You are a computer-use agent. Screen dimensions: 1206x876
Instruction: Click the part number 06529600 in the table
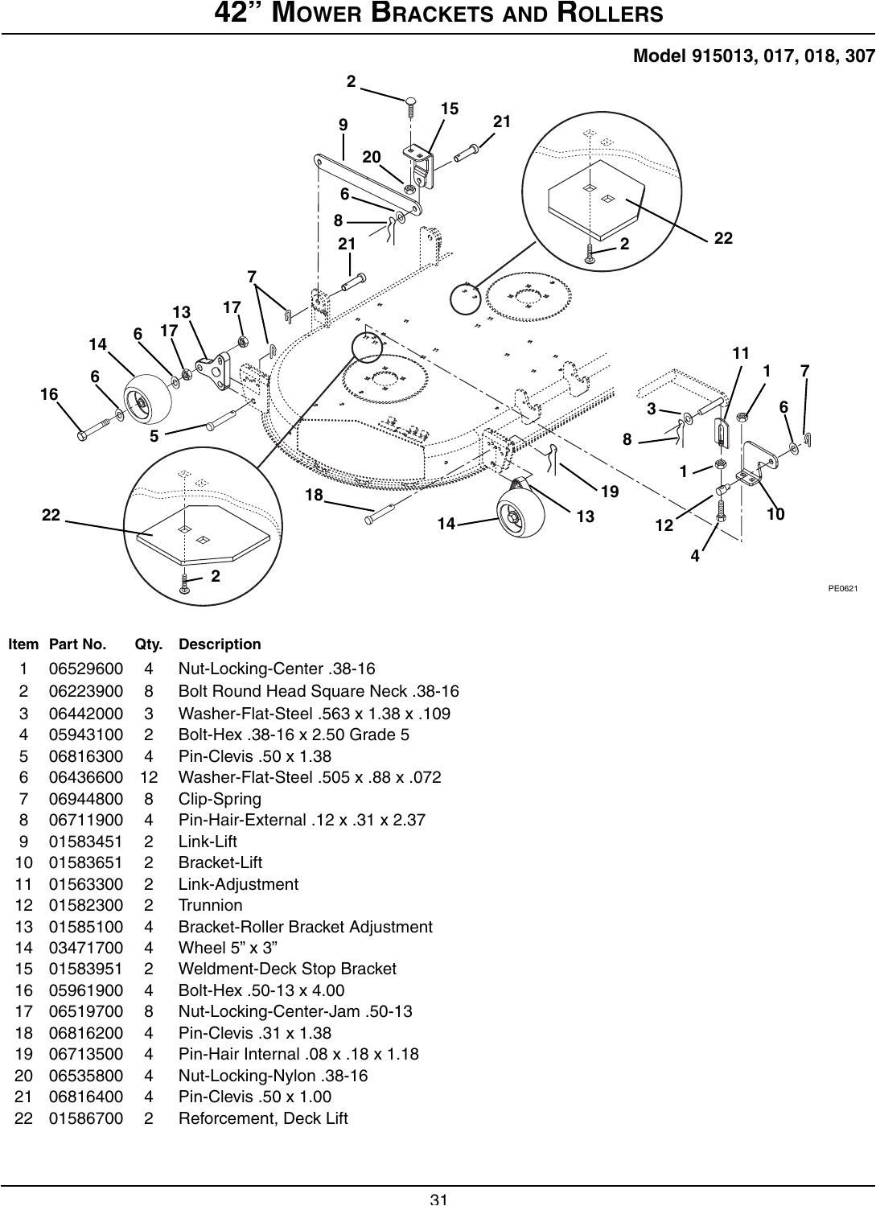pos(86,669)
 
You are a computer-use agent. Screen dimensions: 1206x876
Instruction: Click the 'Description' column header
pos(220,644)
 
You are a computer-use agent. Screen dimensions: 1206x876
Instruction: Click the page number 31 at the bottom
pos(438,1199)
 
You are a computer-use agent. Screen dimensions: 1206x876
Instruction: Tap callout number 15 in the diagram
pos(450,108)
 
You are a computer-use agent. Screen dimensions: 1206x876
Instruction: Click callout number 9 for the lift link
pos(343,125)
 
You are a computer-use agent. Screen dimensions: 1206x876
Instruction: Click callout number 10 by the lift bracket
pos(775,514)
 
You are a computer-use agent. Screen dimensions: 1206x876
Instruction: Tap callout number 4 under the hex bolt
pos(696,556)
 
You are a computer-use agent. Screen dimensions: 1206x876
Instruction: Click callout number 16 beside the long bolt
pos(50,394)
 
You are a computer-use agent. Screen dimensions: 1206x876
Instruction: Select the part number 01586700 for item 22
pos(86,1118)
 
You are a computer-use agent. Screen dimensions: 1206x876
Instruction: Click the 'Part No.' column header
pos(77,644)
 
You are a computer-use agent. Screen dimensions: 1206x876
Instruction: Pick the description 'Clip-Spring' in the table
pos(220,799)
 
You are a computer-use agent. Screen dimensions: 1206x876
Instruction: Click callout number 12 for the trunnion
pos(664,525)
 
